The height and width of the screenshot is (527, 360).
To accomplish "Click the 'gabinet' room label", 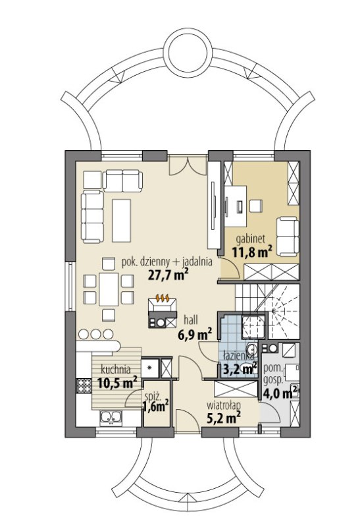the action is pos(251,240).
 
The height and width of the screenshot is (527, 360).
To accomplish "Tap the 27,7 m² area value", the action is pos(168,275).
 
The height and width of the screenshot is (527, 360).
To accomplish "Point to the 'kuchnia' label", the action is pos(116,370).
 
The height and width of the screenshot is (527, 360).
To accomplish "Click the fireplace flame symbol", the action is pos(163,298).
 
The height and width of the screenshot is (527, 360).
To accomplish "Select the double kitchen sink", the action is pos(111,417).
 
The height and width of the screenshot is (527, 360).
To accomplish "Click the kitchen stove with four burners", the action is pos(84,386).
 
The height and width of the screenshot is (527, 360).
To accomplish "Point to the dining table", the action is pos(109,289).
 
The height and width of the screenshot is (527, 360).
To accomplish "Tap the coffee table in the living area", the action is pos(121,220).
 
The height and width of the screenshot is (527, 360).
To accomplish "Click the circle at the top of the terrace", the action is pos(188,52).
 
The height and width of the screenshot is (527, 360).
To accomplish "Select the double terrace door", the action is pos(188,166).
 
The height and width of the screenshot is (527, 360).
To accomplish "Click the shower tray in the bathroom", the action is pos(254,327).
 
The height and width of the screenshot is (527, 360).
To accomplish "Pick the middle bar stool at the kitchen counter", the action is pos(96,334).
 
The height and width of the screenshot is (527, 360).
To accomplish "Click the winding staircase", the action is pos(268,311).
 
